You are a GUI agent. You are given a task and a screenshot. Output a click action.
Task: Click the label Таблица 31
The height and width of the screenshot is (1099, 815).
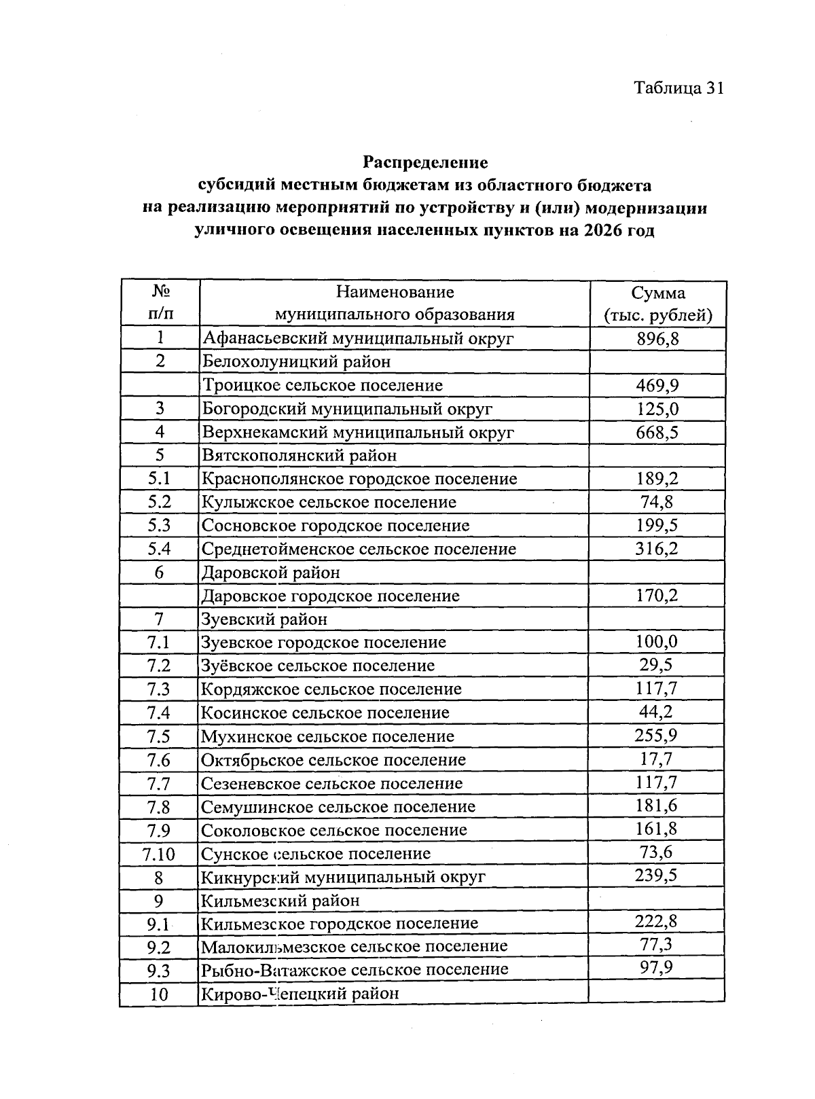pos(678,88)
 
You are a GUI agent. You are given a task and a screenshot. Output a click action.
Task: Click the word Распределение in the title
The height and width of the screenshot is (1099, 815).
pos(425,163)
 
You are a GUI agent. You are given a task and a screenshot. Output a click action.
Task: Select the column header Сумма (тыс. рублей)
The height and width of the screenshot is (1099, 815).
pos(657,304)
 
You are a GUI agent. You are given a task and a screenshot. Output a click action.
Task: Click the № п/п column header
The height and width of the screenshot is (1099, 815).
pos(160,304)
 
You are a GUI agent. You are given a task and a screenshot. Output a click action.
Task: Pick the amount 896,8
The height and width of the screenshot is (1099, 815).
pos(657,338)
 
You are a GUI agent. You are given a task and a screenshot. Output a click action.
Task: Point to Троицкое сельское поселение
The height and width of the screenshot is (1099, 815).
pos(323,385)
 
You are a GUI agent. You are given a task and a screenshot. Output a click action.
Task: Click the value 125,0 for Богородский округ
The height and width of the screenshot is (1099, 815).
pos(657,409)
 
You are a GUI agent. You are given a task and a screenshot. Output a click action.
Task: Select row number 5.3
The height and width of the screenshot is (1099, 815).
pos(160,525)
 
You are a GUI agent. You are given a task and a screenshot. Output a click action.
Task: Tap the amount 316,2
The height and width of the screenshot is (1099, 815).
pos(656,548)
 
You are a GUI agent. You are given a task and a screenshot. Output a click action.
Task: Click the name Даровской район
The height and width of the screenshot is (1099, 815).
pos(271,572)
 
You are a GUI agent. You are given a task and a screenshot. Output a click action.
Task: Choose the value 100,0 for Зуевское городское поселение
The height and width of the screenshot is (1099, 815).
pos(656,642)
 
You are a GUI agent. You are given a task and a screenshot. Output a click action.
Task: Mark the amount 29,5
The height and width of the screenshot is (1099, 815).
pos(656,665)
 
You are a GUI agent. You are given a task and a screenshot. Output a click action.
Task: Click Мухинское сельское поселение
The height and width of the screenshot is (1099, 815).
pos(327,736)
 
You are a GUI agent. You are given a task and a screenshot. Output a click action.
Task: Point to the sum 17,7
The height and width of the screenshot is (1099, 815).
pos(656,759)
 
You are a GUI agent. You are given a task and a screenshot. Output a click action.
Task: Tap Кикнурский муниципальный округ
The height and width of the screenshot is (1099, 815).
pos(344,877)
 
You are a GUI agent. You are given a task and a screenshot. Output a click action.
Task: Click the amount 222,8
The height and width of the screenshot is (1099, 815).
pos(656,922)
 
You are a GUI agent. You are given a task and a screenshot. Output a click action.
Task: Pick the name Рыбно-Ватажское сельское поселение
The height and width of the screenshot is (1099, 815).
pos(355,970)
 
